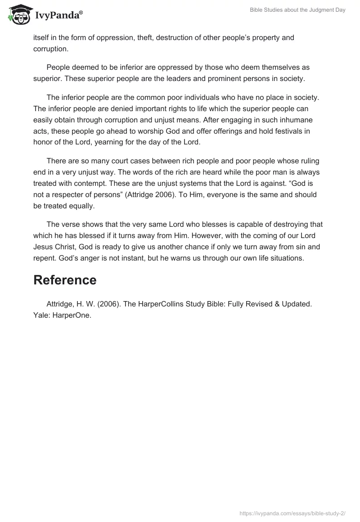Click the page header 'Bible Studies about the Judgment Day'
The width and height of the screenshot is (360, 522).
297,10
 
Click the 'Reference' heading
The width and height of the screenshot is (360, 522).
65,280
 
